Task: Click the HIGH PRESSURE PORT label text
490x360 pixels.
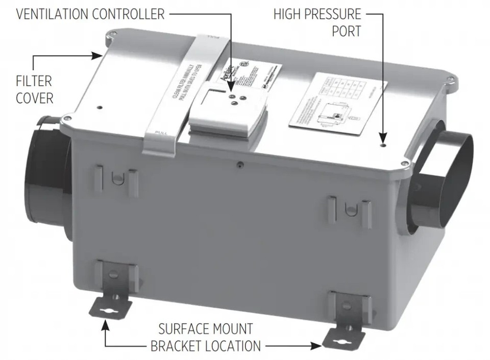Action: pyautogui.click(x=317, y=22)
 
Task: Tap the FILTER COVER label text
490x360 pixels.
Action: pyautogui.click(x=34, y=89)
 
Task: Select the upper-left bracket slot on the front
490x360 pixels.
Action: pyautogui.click(x=116, y=178)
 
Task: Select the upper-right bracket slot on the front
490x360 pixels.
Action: pyautogui.click(x=350, y=209)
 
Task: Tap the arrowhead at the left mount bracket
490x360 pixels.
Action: pyautogui.click(x=106, y=322)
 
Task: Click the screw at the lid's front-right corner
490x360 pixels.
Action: pyautogui.click(x=404, y=163)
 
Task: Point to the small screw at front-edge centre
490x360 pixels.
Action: pyautogui.click(x=239, y=164)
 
